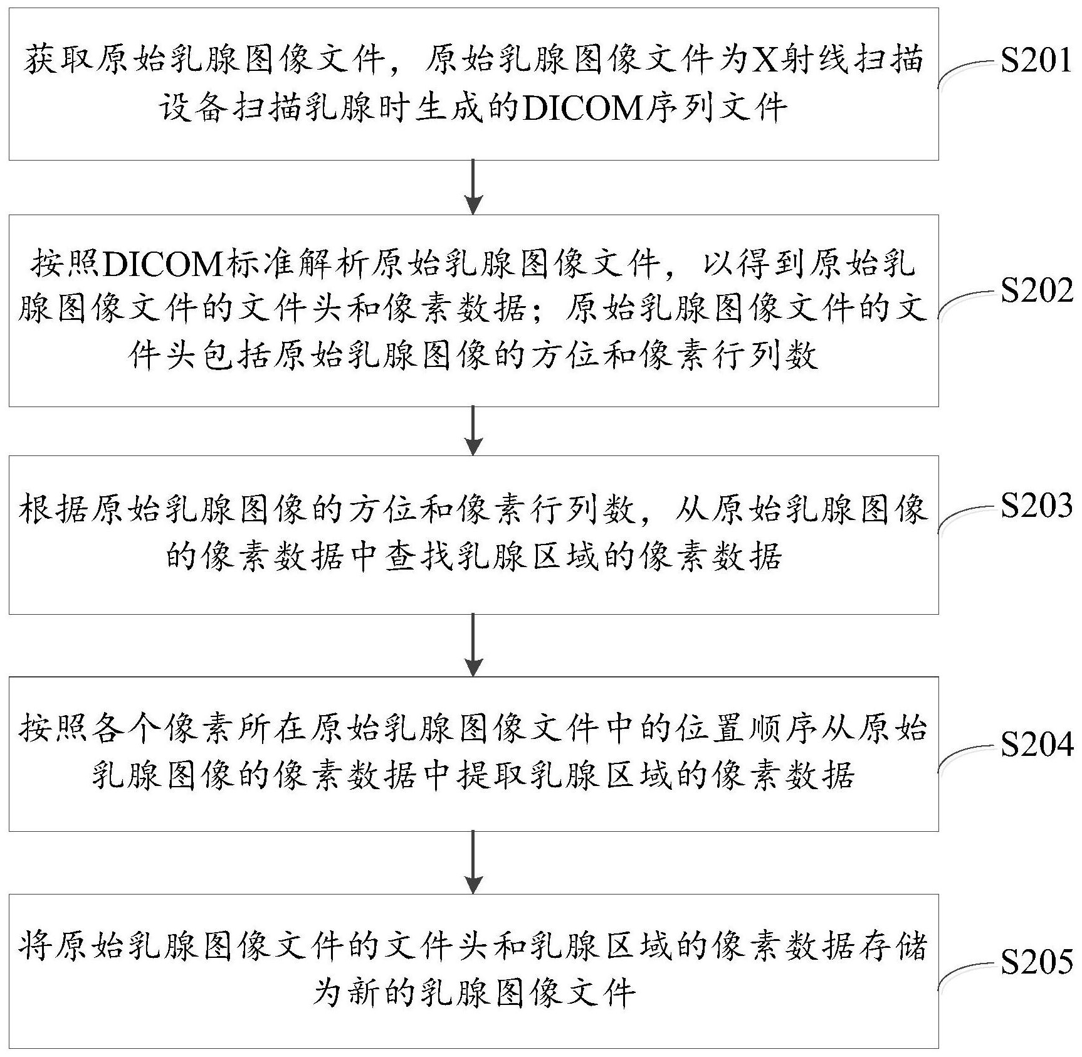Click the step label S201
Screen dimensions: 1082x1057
tap(1036, 61)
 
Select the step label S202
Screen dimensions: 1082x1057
tap(1036, 291)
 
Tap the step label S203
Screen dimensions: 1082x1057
tap(1036, 505)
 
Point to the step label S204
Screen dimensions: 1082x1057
tap(1036, 745)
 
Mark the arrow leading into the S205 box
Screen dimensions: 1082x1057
tap(474, 863)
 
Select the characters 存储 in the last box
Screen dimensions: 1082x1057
tap(891, 946)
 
